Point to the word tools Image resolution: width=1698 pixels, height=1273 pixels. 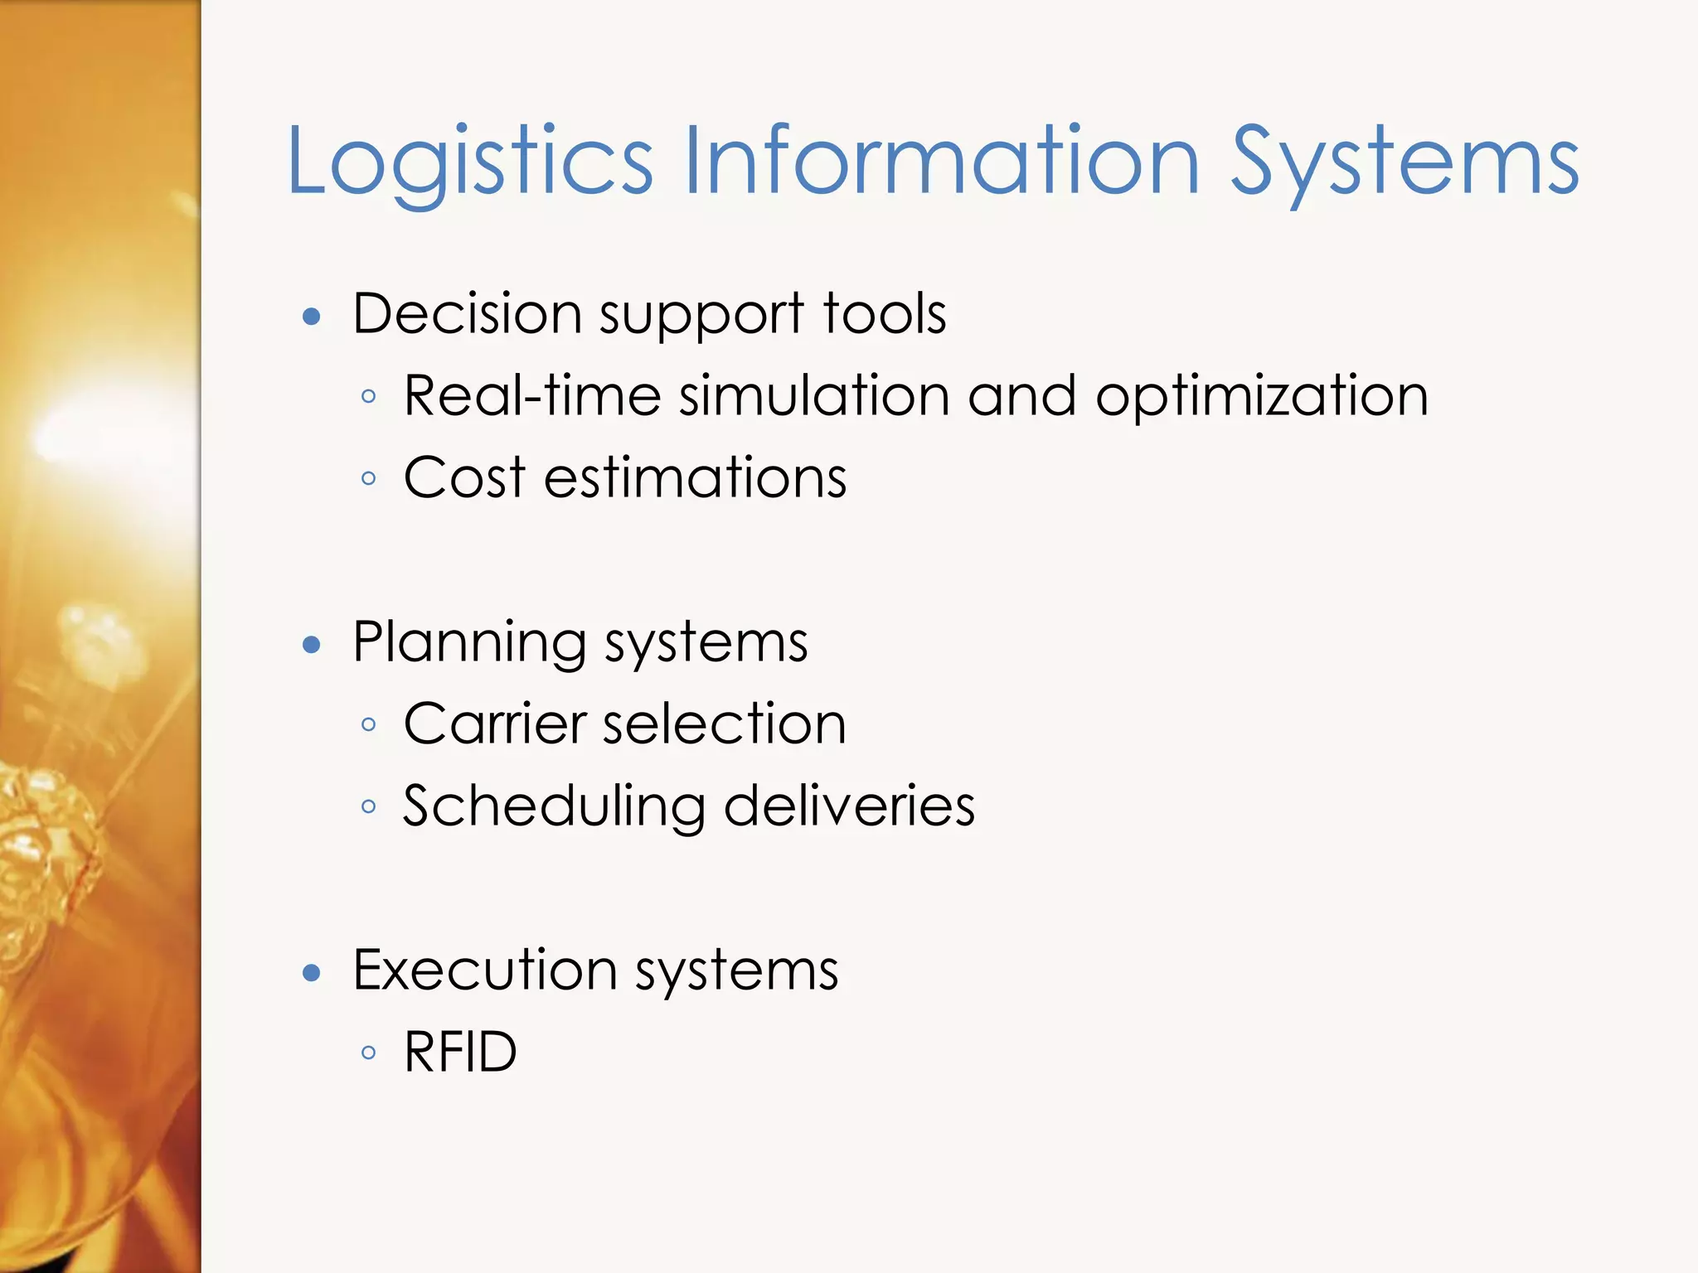(x=884, y=314)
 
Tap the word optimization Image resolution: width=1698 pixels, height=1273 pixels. (x=1262, y=397)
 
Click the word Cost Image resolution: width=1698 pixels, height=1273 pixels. (x=464, y=477)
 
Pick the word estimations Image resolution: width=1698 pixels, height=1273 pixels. (x=695, y=477)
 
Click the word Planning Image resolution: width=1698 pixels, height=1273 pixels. (x=469, y=643)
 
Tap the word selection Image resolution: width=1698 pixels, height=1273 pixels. (x=724, y=724)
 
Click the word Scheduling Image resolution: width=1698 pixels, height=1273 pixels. (x=554, y=806)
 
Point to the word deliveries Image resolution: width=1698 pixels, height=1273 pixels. (x=849, y=806)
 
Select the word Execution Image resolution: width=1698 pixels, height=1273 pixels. (x=485, y=970)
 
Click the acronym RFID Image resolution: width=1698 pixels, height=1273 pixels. (x=460, y=1052)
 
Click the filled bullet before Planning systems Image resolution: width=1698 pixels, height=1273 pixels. (x=312, y=645)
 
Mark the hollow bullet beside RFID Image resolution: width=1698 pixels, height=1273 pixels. (x=369, y=1053)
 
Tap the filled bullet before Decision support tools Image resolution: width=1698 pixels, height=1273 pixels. (x=312, y=316)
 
